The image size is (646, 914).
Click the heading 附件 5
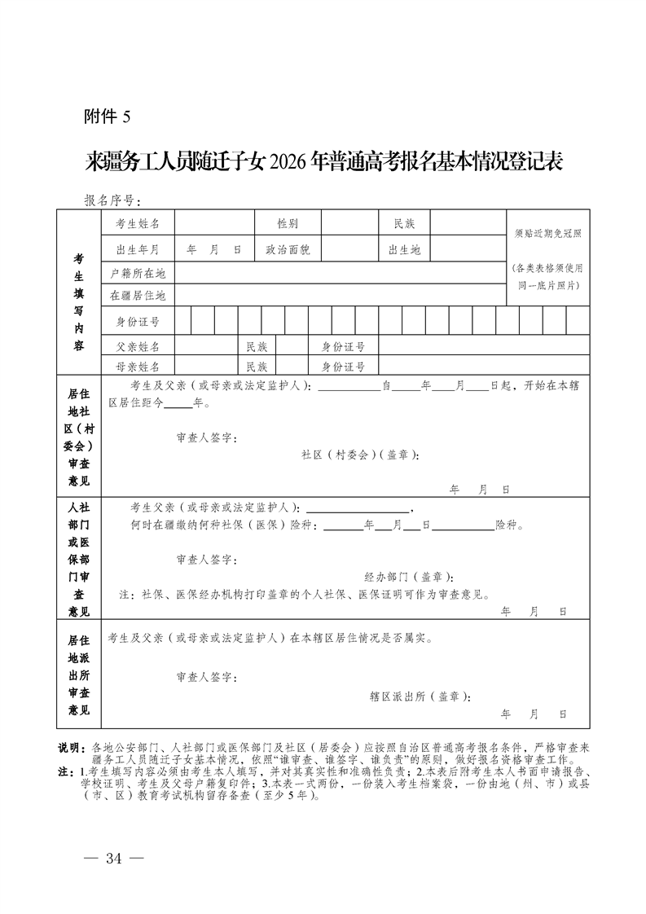(107, 116)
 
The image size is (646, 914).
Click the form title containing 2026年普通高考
(324, 160)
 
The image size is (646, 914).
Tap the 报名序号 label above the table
(112, 200)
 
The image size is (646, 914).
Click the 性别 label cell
(288, 223)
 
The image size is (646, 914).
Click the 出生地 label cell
(404, 249)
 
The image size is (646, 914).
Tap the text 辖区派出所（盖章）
(420, 696)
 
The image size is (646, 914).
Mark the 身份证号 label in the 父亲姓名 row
(343, 346)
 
